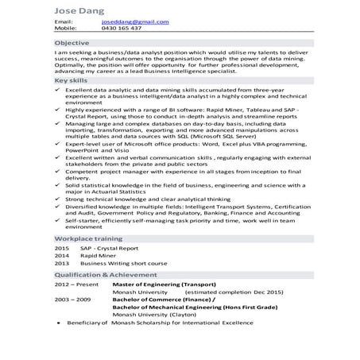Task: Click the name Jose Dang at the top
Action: coord(79,10)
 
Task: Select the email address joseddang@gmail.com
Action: coord(132,21)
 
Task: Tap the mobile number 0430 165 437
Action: coord(122,28)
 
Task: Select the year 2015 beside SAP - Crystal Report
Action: coord(62,249)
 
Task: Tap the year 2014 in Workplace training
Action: coord(62,256)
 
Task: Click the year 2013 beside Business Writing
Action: coord(62,263)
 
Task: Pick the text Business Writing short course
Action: coord(126,263)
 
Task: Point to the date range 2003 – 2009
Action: coord(71,298)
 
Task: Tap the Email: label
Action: coord(63,21)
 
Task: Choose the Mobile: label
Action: coord(65,28)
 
